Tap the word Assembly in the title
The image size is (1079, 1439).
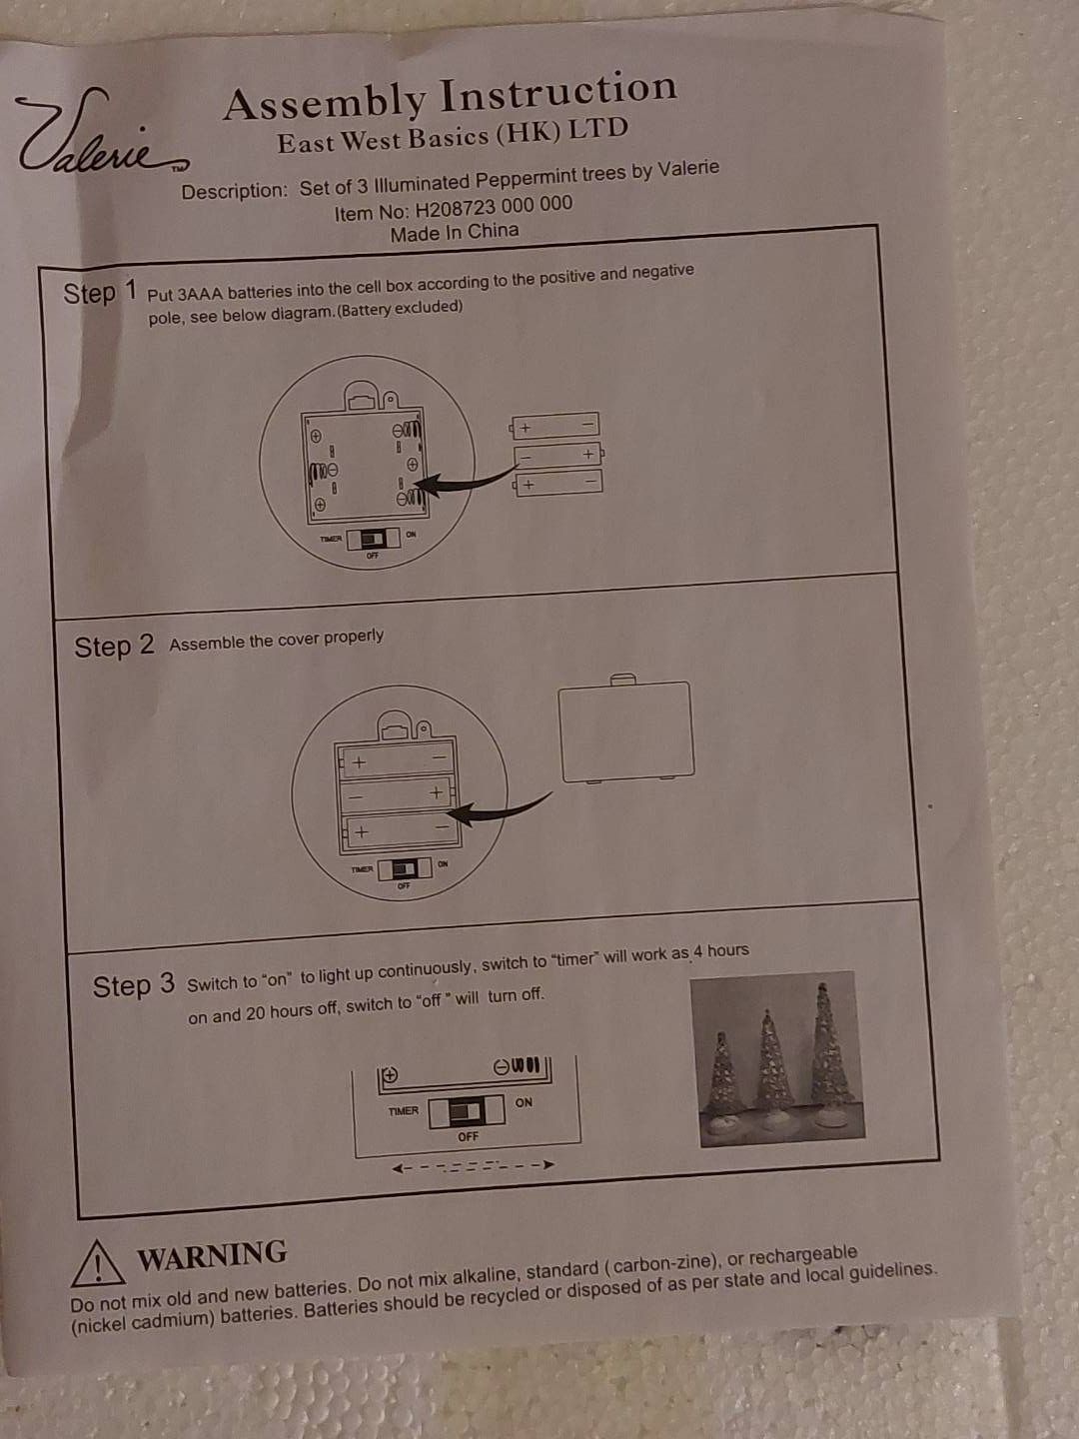[325, 102]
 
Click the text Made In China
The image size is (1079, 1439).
[454, 233]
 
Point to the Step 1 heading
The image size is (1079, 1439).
[100, 292]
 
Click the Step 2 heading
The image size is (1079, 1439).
[114, 647]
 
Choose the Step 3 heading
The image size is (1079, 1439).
[134, 986]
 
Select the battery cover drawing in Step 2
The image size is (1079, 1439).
[626, 729]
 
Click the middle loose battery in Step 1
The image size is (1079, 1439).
[558, 455]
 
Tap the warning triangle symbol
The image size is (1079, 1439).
[98, 1263]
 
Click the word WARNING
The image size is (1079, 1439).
[212, 1254]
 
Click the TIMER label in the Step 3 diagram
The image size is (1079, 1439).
[403, 1111]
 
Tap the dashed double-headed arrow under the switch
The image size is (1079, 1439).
[473, 1166]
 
